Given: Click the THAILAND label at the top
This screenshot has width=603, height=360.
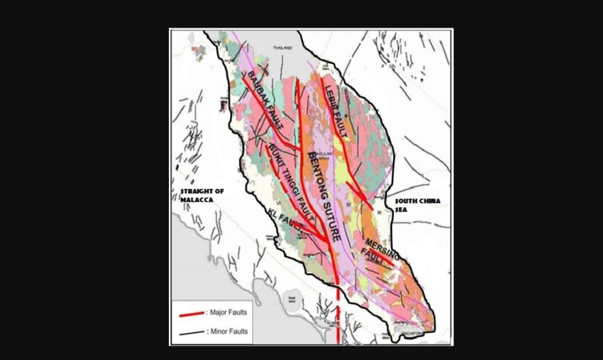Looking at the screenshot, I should pos(282,47).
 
